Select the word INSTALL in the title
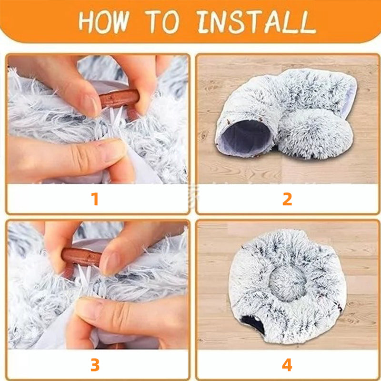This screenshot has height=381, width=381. [256, 21]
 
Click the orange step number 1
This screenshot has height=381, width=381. [95, 199]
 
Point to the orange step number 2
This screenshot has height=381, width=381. [287, 199]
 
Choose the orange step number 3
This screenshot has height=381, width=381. [95, 365]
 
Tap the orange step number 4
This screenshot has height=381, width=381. [287, 365]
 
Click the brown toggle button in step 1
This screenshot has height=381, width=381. [119, 99]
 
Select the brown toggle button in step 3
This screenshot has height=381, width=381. [81, 258]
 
